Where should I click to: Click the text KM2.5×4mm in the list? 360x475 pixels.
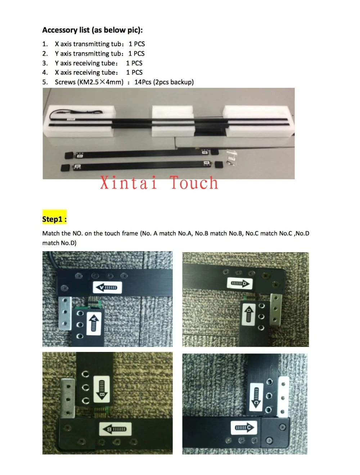(100, 82)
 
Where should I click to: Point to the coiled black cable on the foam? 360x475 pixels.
(76, 112)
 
